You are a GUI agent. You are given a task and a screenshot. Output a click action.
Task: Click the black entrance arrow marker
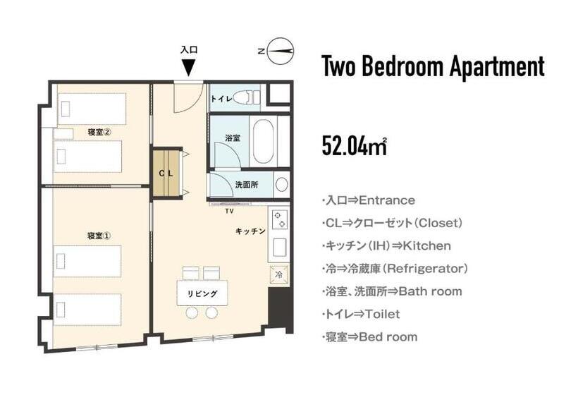click(188, 68)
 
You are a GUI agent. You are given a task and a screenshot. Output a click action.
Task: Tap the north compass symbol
click(281, 50)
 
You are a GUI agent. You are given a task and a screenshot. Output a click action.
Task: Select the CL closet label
click(166, 173)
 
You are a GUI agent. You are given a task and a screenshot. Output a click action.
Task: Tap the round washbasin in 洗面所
click(281, 185)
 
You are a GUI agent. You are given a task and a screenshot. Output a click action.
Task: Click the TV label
click(228, 211)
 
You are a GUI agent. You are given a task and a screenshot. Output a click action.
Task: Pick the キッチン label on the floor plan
click(250, 231)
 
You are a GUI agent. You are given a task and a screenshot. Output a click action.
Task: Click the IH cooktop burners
click(278, 220)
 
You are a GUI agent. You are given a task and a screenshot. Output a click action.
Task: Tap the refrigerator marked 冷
click(278, 274)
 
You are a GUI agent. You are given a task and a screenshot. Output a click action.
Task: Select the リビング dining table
click(202, 293)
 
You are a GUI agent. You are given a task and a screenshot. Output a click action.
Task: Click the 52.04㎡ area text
click(354, 145)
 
